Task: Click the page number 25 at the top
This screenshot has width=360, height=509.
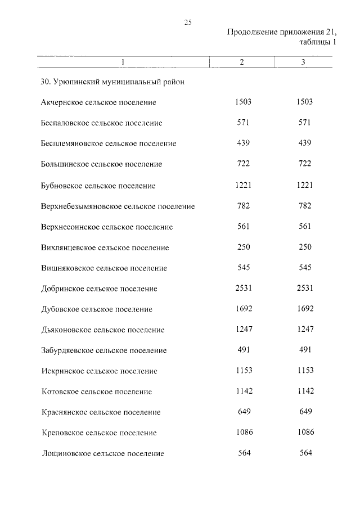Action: [x=188, y=22]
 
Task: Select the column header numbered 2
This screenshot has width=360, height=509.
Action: [x=241, y=62]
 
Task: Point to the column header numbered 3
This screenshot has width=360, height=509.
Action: [x=303, y=62]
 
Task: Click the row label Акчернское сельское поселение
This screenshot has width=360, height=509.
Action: [x=98, y=102]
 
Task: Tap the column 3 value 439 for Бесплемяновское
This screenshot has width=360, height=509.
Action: [x=305, y=143]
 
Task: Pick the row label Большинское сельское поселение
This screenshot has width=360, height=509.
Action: [x=101, y=164]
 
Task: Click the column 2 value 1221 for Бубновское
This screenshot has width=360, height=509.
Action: [x=243, y=184]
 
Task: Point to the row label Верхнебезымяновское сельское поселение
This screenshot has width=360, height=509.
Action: [x=118, y=206]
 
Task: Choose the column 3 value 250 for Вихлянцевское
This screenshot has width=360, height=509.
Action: [x=305, y=247]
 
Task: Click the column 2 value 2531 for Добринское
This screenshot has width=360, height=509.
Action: [x=243, y=288]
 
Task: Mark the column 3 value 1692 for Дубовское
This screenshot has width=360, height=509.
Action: [x=305, y=309]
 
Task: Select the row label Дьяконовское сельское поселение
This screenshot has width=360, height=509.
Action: [x=102, y=330]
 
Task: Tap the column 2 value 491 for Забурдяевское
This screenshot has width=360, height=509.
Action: [x=243, y=350]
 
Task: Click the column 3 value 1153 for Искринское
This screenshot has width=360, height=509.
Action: [x=305, y=371]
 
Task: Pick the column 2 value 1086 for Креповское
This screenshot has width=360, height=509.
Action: [x=243, y=433]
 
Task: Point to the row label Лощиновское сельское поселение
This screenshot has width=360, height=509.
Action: [x=102, y=453]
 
